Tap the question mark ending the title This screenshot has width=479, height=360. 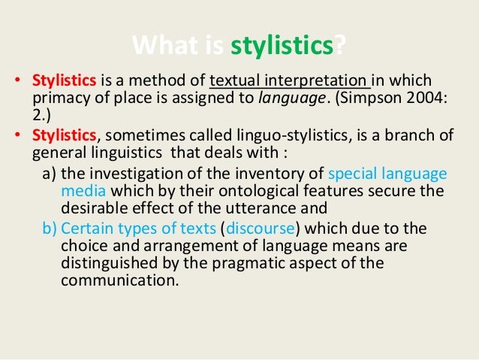342,48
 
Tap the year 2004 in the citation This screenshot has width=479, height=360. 431,98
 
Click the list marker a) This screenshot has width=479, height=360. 51,171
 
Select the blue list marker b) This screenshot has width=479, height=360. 51,226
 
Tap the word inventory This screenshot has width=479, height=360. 258,171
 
